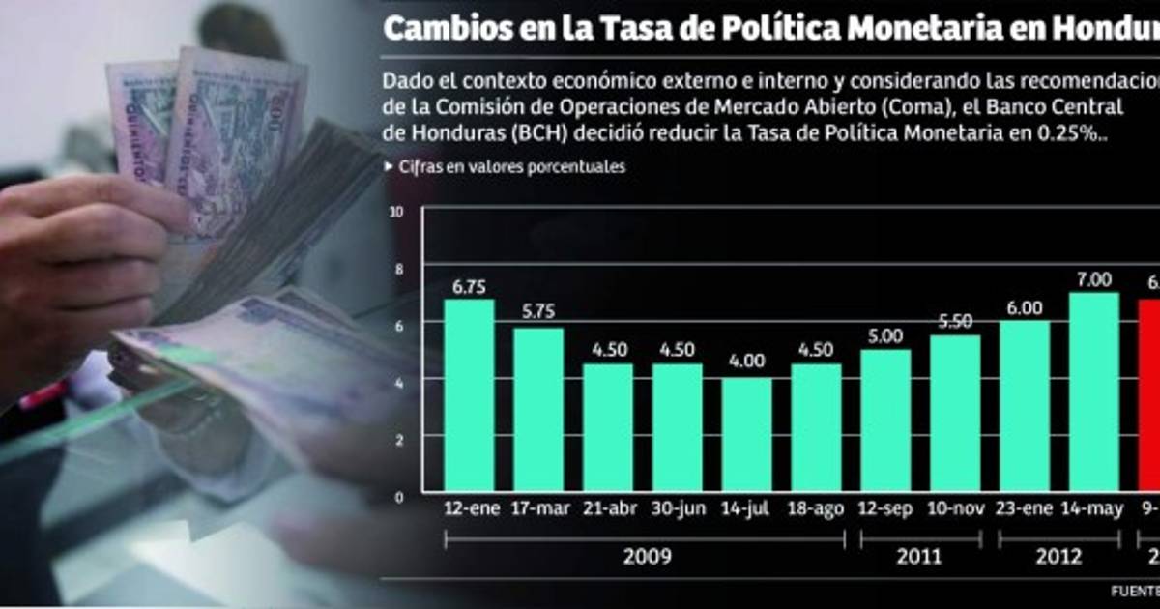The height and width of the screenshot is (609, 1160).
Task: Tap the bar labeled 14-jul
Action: pos(746,434)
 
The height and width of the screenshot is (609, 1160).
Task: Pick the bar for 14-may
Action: pos(1093,391)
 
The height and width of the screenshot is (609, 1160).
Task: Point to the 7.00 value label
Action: pos(1093,279)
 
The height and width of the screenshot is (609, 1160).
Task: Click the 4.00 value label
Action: pos(746,362)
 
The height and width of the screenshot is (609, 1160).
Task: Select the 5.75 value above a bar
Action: pos(538,312)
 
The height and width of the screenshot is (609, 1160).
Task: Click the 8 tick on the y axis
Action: pos(396,268)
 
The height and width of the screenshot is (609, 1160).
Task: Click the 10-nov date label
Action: pos(955,508)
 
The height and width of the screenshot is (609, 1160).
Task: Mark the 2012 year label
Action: pos(1058,557)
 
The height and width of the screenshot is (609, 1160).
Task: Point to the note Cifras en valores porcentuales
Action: pos(512,166)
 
